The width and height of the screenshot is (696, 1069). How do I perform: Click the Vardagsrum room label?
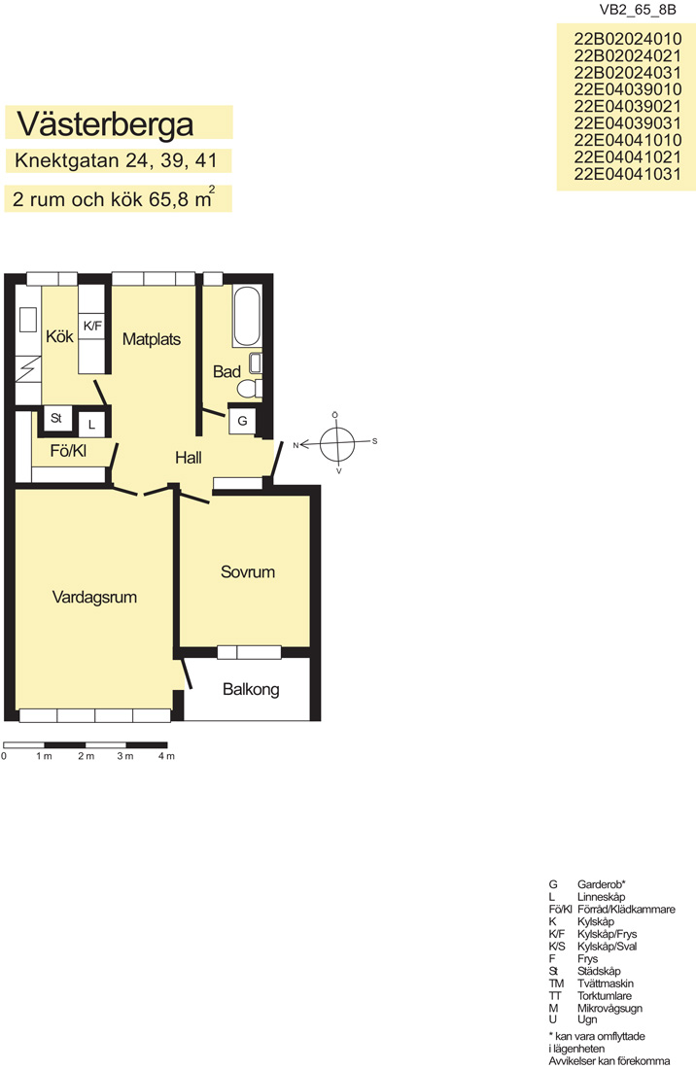[94, 598]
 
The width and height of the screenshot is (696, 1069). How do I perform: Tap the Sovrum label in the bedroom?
[248, 572]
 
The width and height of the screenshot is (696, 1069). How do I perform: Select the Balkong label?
[251, 689]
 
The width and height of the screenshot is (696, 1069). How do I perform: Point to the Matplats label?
[152, 339]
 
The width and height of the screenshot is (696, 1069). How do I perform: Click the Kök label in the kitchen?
[59, 336]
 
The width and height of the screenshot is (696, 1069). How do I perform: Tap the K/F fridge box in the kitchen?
[92, 327]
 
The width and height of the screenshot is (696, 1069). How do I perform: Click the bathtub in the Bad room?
[247, 317]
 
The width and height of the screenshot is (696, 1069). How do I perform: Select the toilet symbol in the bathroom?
[250, 388]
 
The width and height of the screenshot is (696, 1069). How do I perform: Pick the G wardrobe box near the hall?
[242, 421]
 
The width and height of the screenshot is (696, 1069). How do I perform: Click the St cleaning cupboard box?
[56, 418]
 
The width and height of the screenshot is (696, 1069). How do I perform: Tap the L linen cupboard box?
[91, 424]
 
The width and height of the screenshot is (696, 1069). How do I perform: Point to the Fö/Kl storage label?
[68, 451]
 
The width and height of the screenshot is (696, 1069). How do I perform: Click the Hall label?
[189, 458]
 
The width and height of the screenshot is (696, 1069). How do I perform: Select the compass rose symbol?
[336, 443]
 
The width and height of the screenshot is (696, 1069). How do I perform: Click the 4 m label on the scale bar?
[166, 756]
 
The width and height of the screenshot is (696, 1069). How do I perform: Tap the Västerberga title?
[105, 123]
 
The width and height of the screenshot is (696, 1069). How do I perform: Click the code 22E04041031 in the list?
[627, 174]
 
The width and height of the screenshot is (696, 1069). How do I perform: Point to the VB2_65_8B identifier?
[638, 10]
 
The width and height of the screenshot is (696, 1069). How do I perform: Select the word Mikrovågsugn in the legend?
[609, 1009]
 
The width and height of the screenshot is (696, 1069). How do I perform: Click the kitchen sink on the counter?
[28, 320]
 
